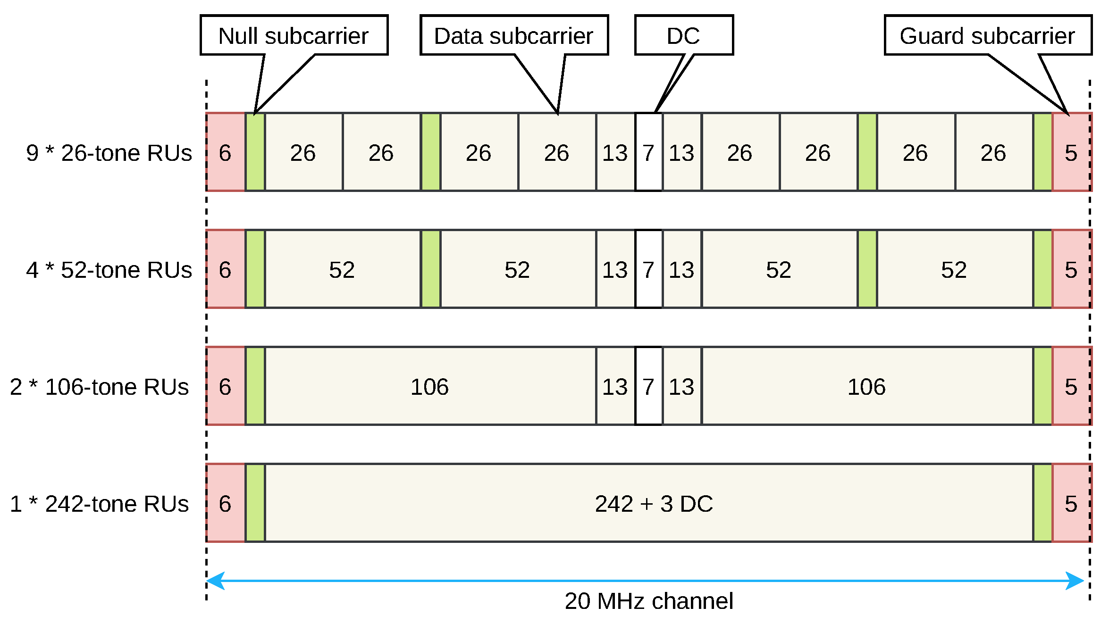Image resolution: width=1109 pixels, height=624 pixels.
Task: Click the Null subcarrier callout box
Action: (294, 35)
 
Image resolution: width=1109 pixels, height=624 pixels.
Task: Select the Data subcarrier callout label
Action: (513, 35)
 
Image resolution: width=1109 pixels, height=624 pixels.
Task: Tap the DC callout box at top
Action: (683, 35)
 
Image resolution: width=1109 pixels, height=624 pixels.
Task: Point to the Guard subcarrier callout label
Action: (987, 35)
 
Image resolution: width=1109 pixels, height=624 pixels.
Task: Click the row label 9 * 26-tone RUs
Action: (109, 153)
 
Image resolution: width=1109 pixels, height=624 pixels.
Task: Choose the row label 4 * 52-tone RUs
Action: (109, 270)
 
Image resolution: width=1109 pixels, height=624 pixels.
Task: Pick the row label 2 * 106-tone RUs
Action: (100, 387)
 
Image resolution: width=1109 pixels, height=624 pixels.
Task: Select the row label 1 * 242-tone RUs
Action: (100, 504)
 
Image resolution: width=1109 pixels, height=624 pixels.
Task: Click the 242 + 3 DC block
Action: (654, 504)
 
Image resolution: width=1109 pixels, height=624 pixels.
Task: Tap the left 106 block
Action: (429, 387)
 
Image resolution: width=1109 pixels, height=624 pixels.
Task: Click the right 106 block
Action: (866, 387)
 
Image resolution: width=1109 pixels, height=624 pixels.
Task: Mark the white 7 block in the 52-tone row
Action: (648, 270)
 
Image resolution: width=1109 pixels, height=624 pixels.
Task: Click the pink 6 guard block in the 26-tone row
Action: (225, 153)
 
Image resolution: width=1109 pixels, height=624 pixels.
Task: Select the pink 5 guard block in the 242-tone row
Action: (1071, 504)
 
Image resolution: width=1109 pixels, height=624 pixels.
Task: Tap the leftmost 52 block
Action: (342, 270)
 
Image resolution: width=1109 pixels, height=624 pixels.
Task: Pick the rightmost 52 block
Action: (954, 270)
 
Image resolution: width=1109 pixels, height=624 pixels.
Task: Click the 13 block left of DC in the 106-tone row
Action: (615, 387)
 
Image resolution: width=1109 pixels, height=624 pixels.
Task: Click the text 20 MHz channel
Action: (649, 601)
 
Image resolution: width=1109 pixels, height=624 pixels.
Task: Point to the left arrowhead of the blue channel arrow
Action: (215, 581)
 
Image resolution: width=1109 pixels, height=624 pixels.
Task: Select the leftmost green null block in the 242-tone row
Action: (255, 504)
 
